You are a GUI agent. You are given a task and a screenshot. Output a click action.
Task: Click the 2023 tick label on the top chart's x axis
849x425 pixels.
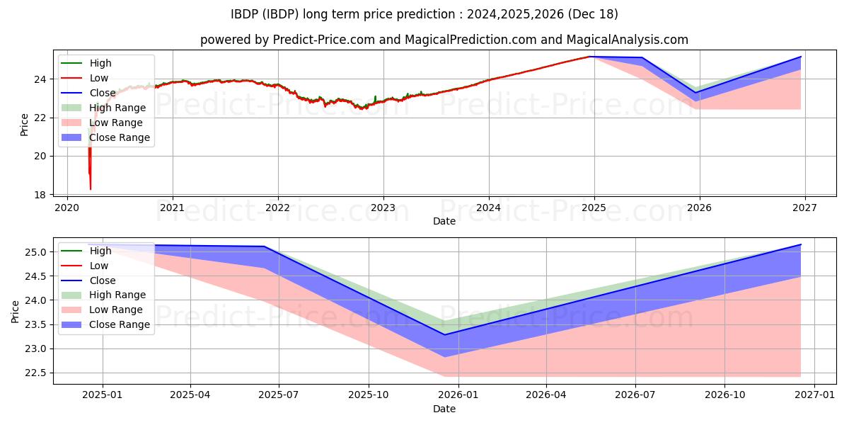point(383,208)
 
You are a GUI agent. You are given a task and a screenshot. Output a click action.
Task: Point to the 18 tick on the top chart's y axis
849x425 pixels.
point(41,195)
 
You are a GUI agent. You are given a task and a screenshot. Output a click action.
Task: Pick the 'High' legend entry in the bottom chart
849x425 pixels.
point(100,251)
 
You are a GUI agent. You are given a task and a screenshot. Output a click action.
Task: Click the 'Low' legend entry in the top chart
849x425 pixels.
point(99,78)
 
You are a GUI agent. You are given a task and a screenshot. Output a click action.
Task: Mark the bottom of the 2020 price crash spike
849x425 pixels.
point(91,189)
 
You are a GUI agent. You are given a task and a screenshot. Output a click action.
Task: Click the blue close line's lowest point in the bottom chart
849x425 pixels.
point(445,334)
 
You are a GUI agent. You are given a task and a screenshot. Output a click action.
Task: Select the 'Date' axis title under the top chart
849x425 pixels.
point(444,221)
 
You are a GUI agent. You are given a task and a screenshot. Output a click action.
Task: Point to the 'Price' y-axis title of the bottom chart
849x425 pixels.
point(16,310)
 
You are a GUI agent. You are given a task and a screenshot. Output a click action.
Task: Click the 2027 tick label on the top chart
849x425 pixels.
point(804,208)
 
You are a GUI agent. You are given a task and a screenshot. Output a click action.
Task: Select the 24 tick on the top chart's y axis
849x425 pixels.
point(41,79)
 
